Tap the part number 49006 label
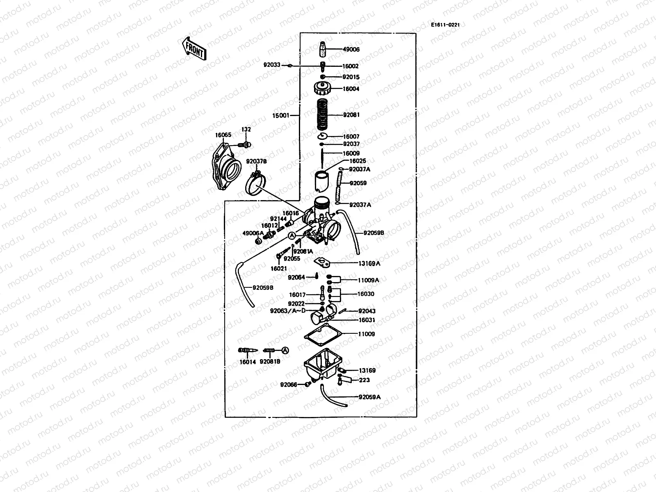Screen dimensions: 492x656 (351, 50)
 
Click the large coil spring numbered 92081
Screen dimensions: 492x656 (325, 114)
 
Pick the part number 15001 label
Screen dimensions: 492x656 (280, 116)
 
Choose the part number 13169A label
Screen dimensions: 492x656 (369, 264)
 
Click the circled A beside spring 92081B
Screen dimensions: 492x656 (286, 350)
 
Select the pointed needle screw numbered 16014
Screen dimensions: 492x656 (248, 351)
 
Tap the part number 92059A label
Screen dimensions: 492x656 (369, 397)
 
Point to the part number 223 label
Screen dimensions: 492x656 (364, 380)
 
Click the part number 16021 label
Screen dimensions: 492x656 (278, 269)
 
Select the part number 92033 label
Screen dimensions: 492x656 (272, 65)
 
